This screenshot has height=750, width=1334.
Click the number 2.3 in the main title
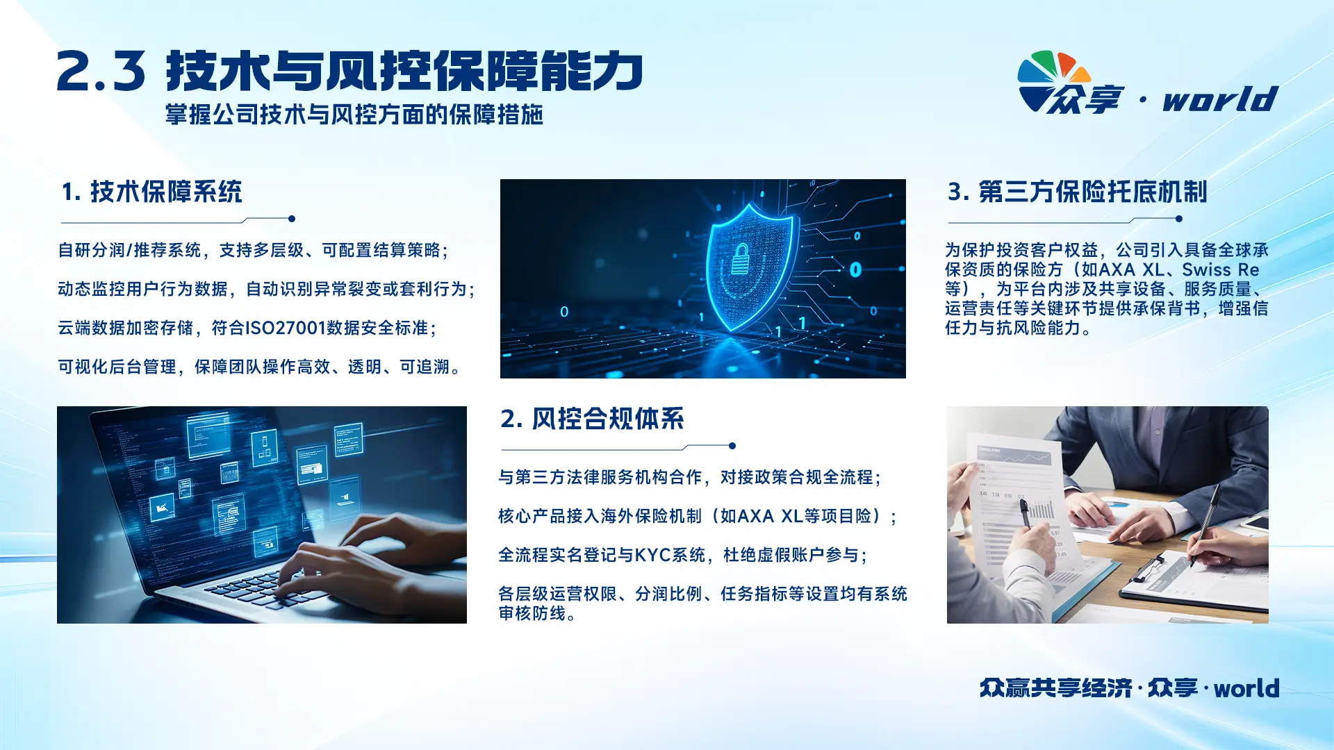point(101,72)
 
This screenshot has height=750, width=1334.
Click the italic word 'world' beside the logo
point(1220,99)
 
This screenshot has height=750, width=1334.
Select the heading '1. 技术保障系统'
point(152,192)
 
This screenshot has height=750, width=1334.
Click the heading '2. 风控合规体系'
point(593,419)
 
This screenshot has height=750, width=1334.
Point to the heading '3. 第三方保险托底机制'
point(1078,192)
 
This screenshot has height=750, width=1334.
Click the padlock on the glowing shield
point(741,260)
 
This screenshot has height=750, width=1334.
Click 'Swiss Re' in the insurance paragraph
point(1221,269)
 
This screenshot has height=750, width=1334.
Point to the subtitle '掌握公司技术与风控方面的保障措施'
point(354,115)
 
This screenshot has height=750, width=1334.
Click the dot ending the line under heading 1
point(292,219)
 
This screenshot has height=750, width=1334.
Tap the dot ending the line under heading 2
point(732,446)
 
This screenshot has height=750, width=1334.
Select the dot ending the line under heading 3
point(1179,219)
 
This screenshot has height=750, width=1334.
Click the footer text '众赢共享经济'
point(1056,688)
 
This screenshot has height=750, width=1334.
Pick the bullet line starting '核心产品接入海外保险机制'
point(698,516)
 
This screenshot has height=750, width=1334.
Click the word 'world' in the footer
point(1246,688)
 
